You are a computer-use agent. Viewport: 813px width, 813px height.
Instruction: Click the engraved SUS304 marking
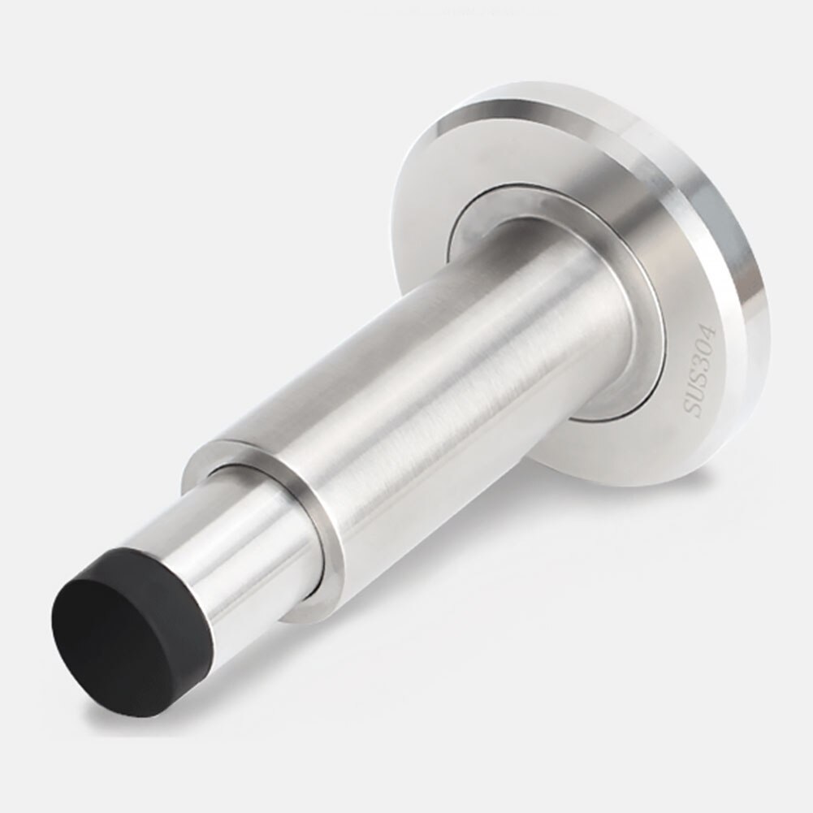pos(698,370)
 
